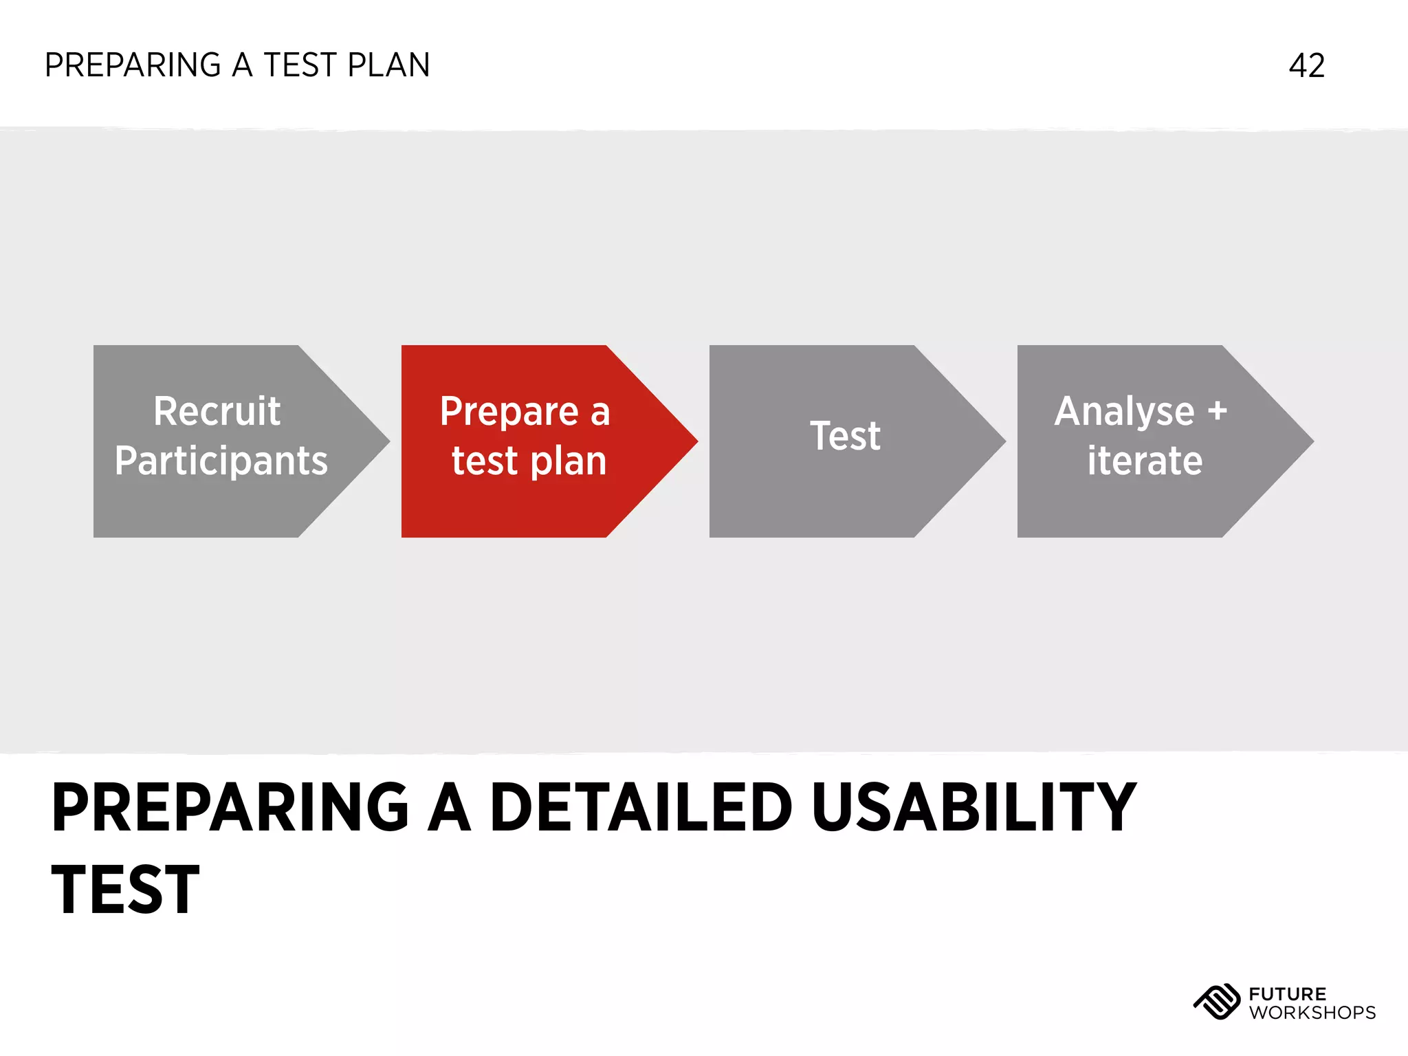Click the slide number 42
[1306, 66]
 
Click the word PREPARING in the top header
[133, 66]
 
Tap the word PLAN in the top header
[388, 66]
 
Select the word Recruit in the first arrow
[217, 411]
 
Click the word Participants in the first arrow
[221, 461]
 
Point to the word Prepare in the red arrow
[509, 411]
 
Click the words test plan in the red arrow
[529, 461]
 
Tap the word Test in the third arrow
[845, 436]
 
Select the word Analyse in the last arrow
[1124, 411]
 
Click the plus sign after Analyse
[1217, 411]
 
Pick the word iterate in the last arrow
[1144, 461]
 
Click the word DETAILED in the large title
[641, 808]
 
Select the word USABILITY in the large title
[973, 808]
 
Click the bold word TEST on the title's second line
[125, 890]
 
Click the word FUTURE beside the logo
[1287, 993]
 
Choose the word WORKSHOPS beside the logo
[1312, 1013]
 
